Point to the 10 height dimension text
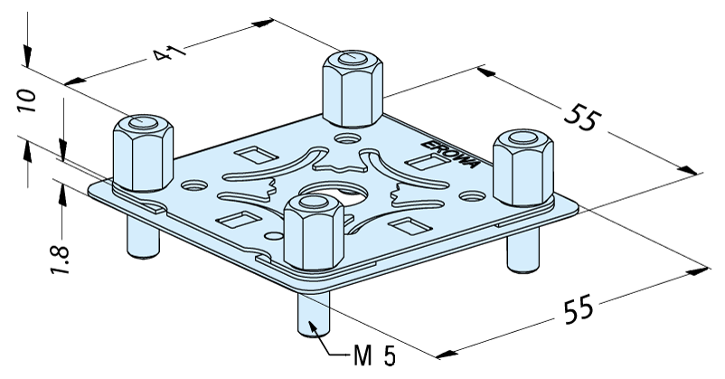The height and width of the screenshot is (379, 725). [x=26, y=100]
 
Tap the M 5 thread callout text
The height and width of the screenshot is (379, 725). [x=374, y=356]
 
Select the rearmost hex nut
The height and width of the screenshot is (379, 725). [x=353, y=89]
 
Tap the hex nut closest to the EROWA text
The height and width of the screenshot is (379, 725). [x=523, y=167]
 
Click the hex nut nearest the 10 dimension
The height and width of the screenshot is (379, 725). [x=143, y=153]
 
